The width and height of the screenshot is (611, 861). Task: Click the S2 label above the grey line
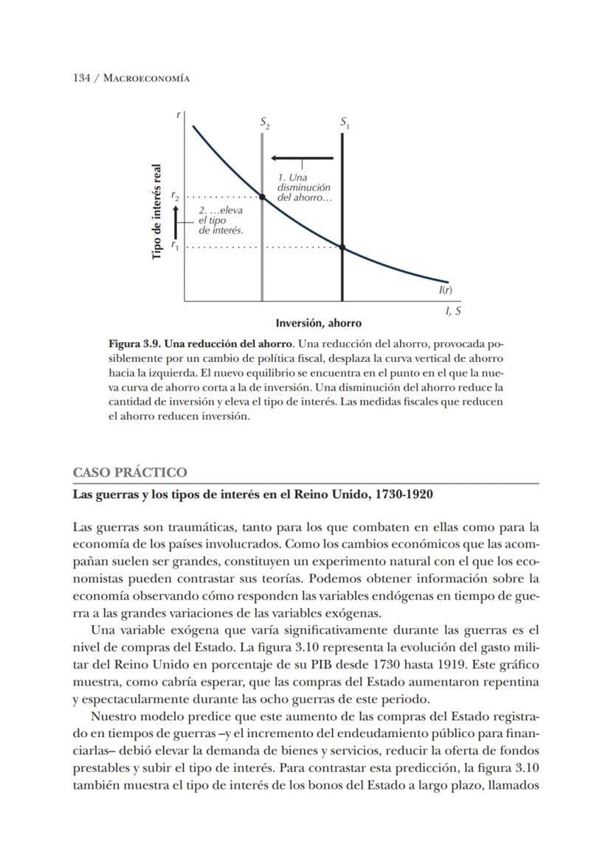[264, 124]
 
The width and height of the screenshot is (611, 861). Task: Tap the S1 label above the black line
[345, 124]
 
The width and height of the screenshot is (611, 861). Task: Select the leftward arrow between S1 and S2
[302, 158]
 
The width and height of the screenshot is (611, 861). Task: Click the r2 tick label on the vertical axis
[175, 197]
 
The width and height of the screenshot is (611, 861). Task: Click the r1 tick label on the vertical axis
[175, 245]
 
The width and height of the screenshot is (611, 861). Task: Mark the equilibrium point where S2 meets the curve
[262, 197]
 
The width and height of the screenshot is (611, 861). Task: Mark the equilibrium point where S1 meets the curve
[342, 246]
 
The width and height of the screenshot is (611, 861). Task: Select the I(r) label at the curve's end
[446, 290]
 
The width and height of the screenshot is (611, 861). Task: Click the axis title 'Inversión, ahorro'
[319, 323]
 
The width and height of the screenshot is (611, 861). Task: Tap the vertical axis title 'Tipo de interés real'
[156, 211]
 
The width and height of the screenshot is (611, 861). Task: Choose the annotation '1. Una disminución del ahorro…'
[303, 188]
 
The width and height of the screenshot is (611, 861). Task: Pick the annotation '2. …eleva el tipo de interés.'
[221, 220]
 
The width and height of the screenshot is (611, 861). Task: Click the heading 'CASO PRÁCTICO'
[130, 473]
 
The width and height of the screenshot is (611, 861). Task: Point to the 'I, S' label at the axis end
[454, 311]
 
